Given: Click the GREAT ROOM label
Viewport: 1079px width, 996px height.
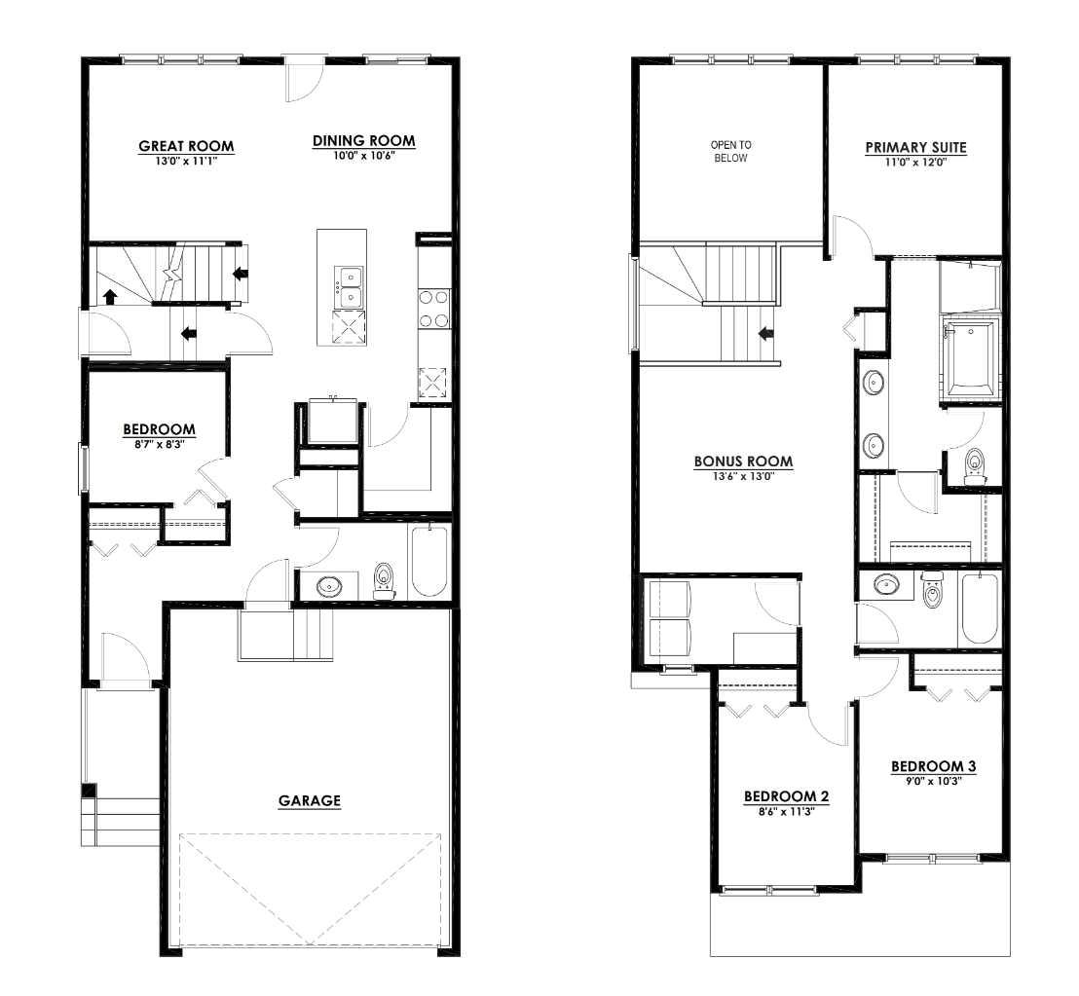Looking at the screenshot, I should click(x=186, y=147).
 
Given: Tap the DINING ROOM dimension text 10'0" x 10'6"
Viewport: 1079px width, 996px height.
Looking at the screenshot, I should click(x=362, y=155).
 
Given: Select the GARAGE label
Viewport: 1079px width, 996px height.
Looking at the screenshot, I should click(x=310, y=801).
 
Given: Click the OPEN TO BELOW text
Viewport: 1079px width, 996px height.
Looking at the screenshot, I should click(x=730, y=151).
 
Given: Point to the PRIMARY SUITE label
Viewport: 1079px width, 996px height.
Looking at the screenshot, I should click(x=915, y=148).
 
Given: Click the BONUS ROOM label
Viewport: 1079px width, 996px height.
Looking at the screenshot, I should click(x=743, y=461).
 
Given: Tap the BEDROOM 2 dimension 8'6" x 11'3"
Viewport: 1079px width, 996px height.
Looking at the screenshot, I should click(x=786, y=811).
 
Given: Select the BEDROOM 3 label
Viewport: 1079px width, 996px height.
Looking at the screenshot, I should click(x=933, y=766).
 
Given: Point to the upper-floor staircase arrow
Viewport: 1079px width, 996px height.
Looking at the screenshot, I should click(x=766, y=334).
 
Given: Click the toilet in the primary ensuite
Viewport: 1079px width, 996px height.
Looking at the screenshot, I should click(x=974, y=466).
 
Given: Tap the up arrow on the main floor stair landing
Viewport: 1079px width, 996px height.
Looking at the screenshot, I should click(x=110, y=296).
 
